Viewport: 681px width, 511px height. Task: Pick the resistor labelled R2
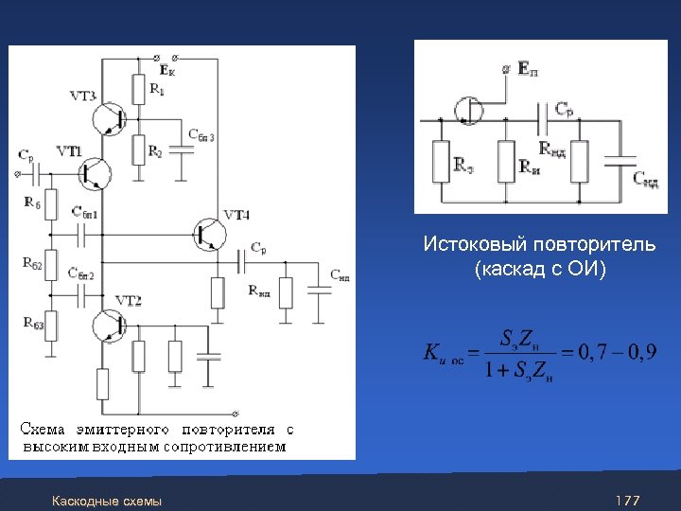coord(139,149)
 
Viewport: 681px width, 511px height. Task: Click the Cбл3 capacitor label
coord(201,136)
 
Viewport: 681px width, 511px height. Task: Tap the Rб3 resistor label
coord(32,324)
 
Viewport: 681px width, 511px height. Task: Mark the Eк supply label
coord(166,70)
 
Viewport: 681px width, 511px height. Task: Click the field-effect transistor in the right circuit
coord(470,110)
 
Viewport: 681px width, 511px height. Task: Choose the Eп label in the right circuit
coord(529,70)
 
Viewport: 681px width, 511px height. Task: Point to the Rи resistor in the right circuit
coord(506,161)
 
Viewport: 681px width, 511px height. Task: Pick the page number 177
coord(627,500)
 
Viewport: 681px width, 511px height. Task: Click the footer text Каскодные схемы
coord(107,500)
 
